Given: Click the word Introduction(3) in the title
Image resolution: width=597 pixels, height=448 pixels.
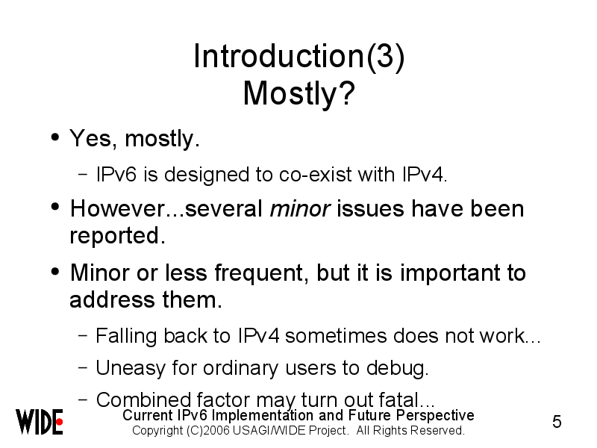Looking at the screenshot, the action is point(299,57).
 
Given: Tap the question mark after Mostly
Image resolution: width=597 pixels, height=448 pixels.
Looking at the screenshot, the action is point(347,93).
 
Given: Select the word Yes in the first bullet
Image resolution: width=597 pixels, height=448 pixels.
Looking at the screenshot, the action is point(90,138).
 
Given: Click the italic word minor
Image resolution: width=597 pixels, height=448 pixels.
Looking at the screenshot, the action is point(300,209).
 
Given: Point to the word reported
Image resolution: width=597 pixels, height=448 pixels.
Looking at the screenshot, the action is point(118,236).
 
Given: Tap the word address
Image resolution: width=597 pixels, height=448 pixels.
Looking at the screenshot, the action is point(113,299).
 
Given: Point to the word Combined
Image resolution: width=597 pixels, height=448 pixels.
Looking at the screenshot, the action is point(143,400).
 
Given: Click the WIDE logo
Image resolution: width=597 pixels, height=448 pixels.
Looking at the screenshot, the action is point(40,422).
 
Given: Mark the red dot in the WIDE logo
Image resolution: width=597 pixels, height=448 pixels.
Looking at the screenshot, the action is point(60,422).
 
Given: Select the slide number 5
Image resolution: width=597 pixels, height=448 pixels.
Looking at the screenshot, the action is point(557,422).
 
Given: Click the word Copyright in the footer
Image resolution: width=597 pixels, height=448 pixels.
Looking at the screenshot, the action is point(157,431).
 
